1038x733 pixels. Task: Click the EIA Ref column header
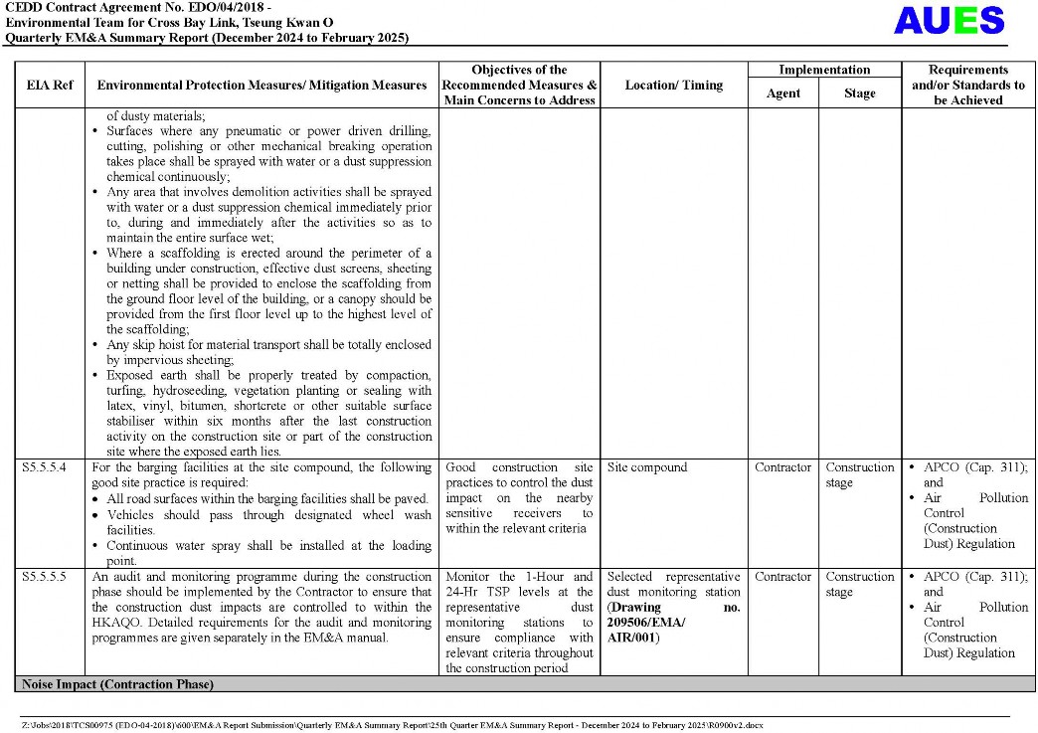[49, 86]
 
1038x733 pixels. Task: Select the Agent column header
[782, 93]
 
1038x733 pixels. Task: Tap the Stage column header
[860, 93]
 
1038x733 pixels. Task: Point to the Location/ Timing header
[674, 86]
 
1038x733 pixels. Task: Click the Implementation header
[824, 70]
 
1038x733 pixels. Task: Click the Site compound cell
[647, 467]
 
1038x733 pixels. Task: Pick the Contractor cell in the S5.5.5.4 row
[783, 467]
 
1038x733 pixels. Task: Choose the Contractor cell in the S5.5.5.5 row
[783, 577]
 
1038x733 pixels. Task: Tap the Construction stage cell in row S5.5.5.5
[860, 584]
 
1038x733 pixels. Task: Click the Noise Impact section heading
[114, 684]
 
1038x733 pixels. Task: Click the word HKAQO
[113, 623]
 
